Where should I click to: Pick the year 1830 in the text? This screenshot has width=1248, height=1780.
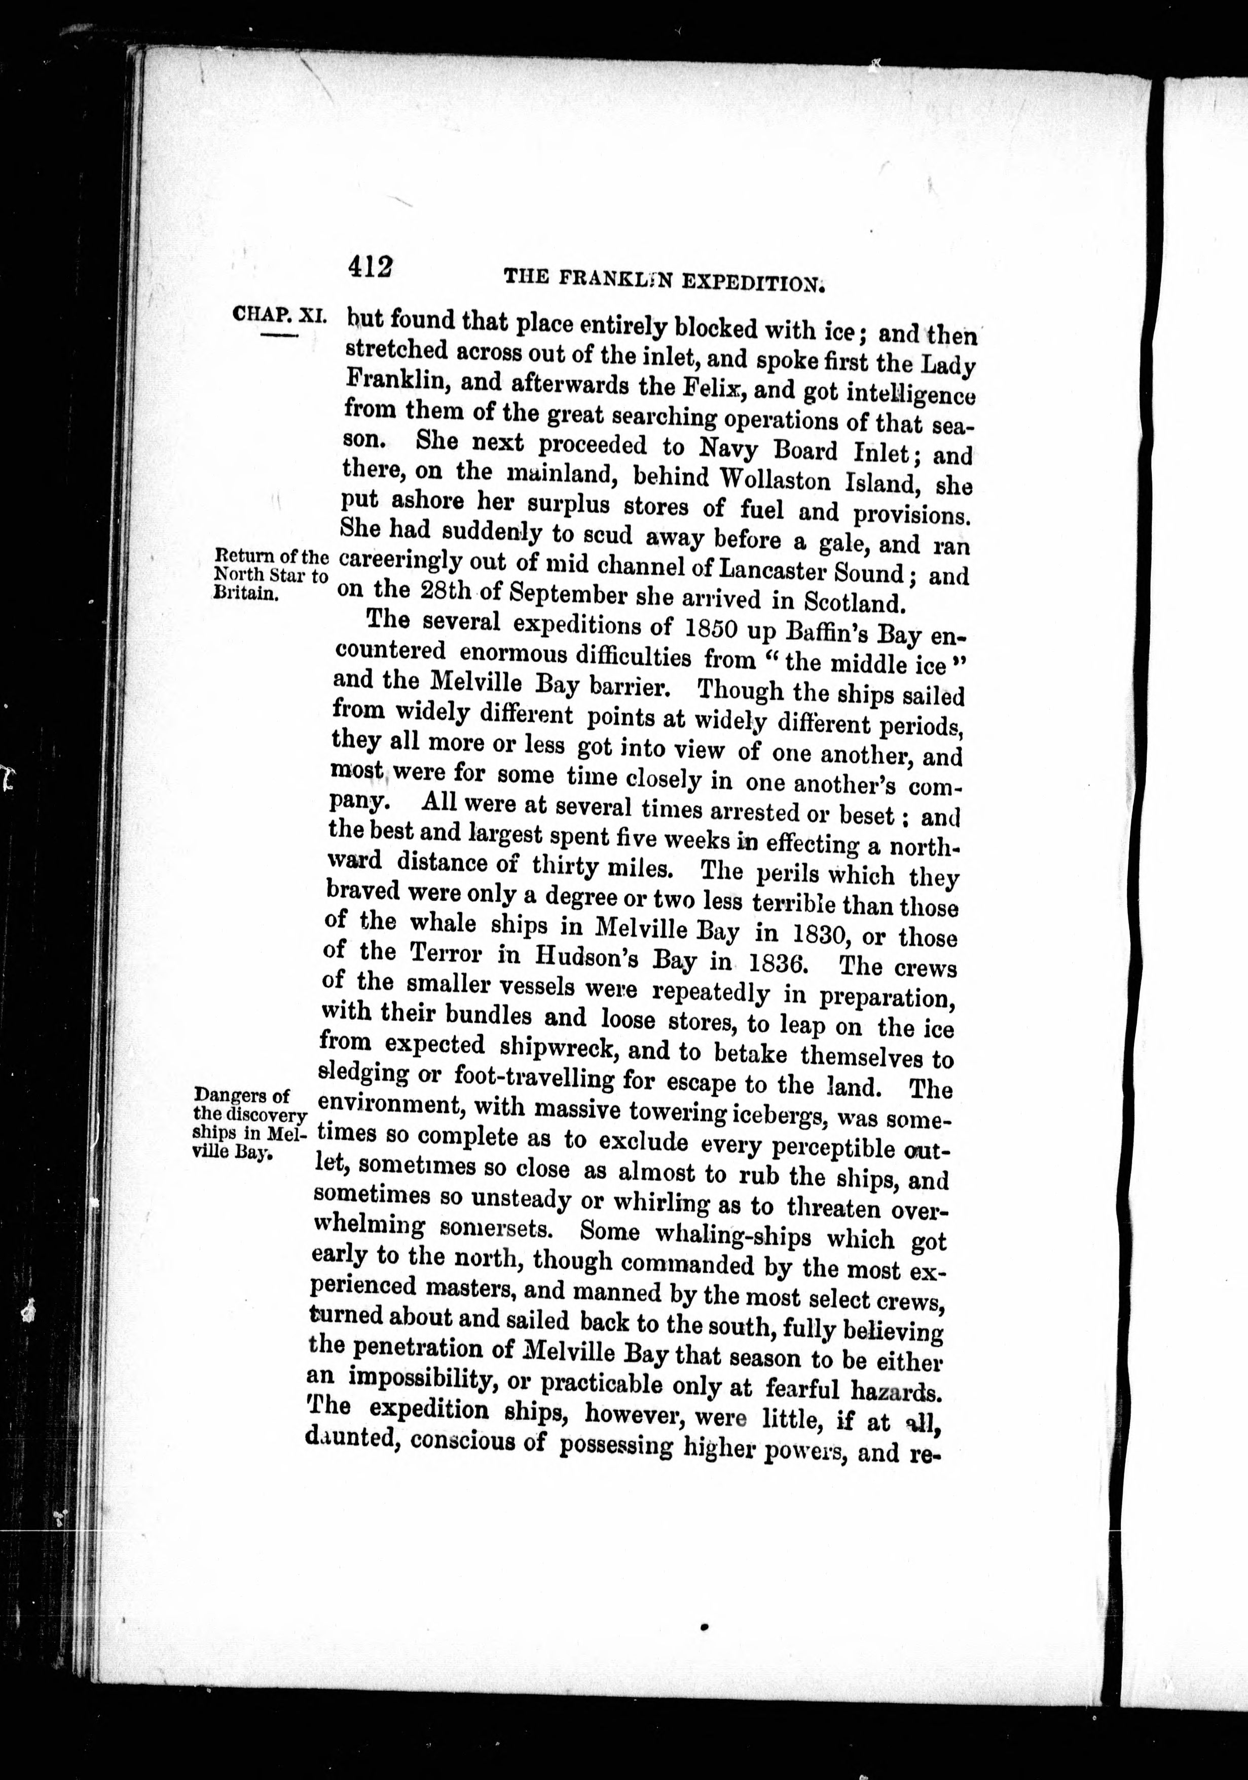point(812,935)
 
